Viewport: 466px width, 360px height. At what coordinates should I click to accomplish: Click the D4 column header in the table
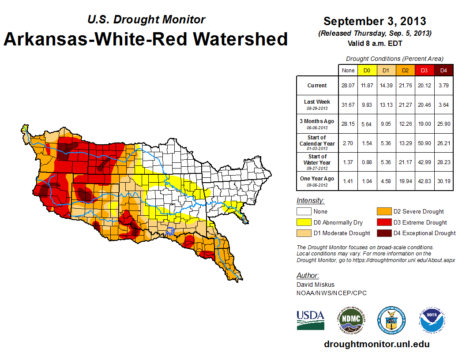(443, 71)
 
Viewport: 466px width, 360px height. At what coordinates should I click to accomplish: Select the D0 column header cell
(367, 71)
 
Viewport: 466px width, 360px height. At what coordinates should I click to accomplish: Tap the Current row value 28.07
(348, 86)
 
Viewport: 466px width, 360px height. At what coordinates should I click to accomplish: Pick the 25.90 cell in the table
(443, 124)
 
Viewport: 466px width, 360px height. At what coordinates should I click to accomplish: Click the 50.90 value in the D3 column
(425, 143)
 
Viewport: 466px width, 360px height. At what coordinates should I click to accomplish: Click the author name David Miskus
(316, 285)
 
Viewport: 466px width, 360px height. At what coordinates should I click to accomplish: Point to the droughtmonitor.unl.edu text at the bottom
(376, 344)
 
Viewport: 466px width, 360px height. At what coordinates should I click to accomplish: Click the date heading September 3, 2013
(375, 21)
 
